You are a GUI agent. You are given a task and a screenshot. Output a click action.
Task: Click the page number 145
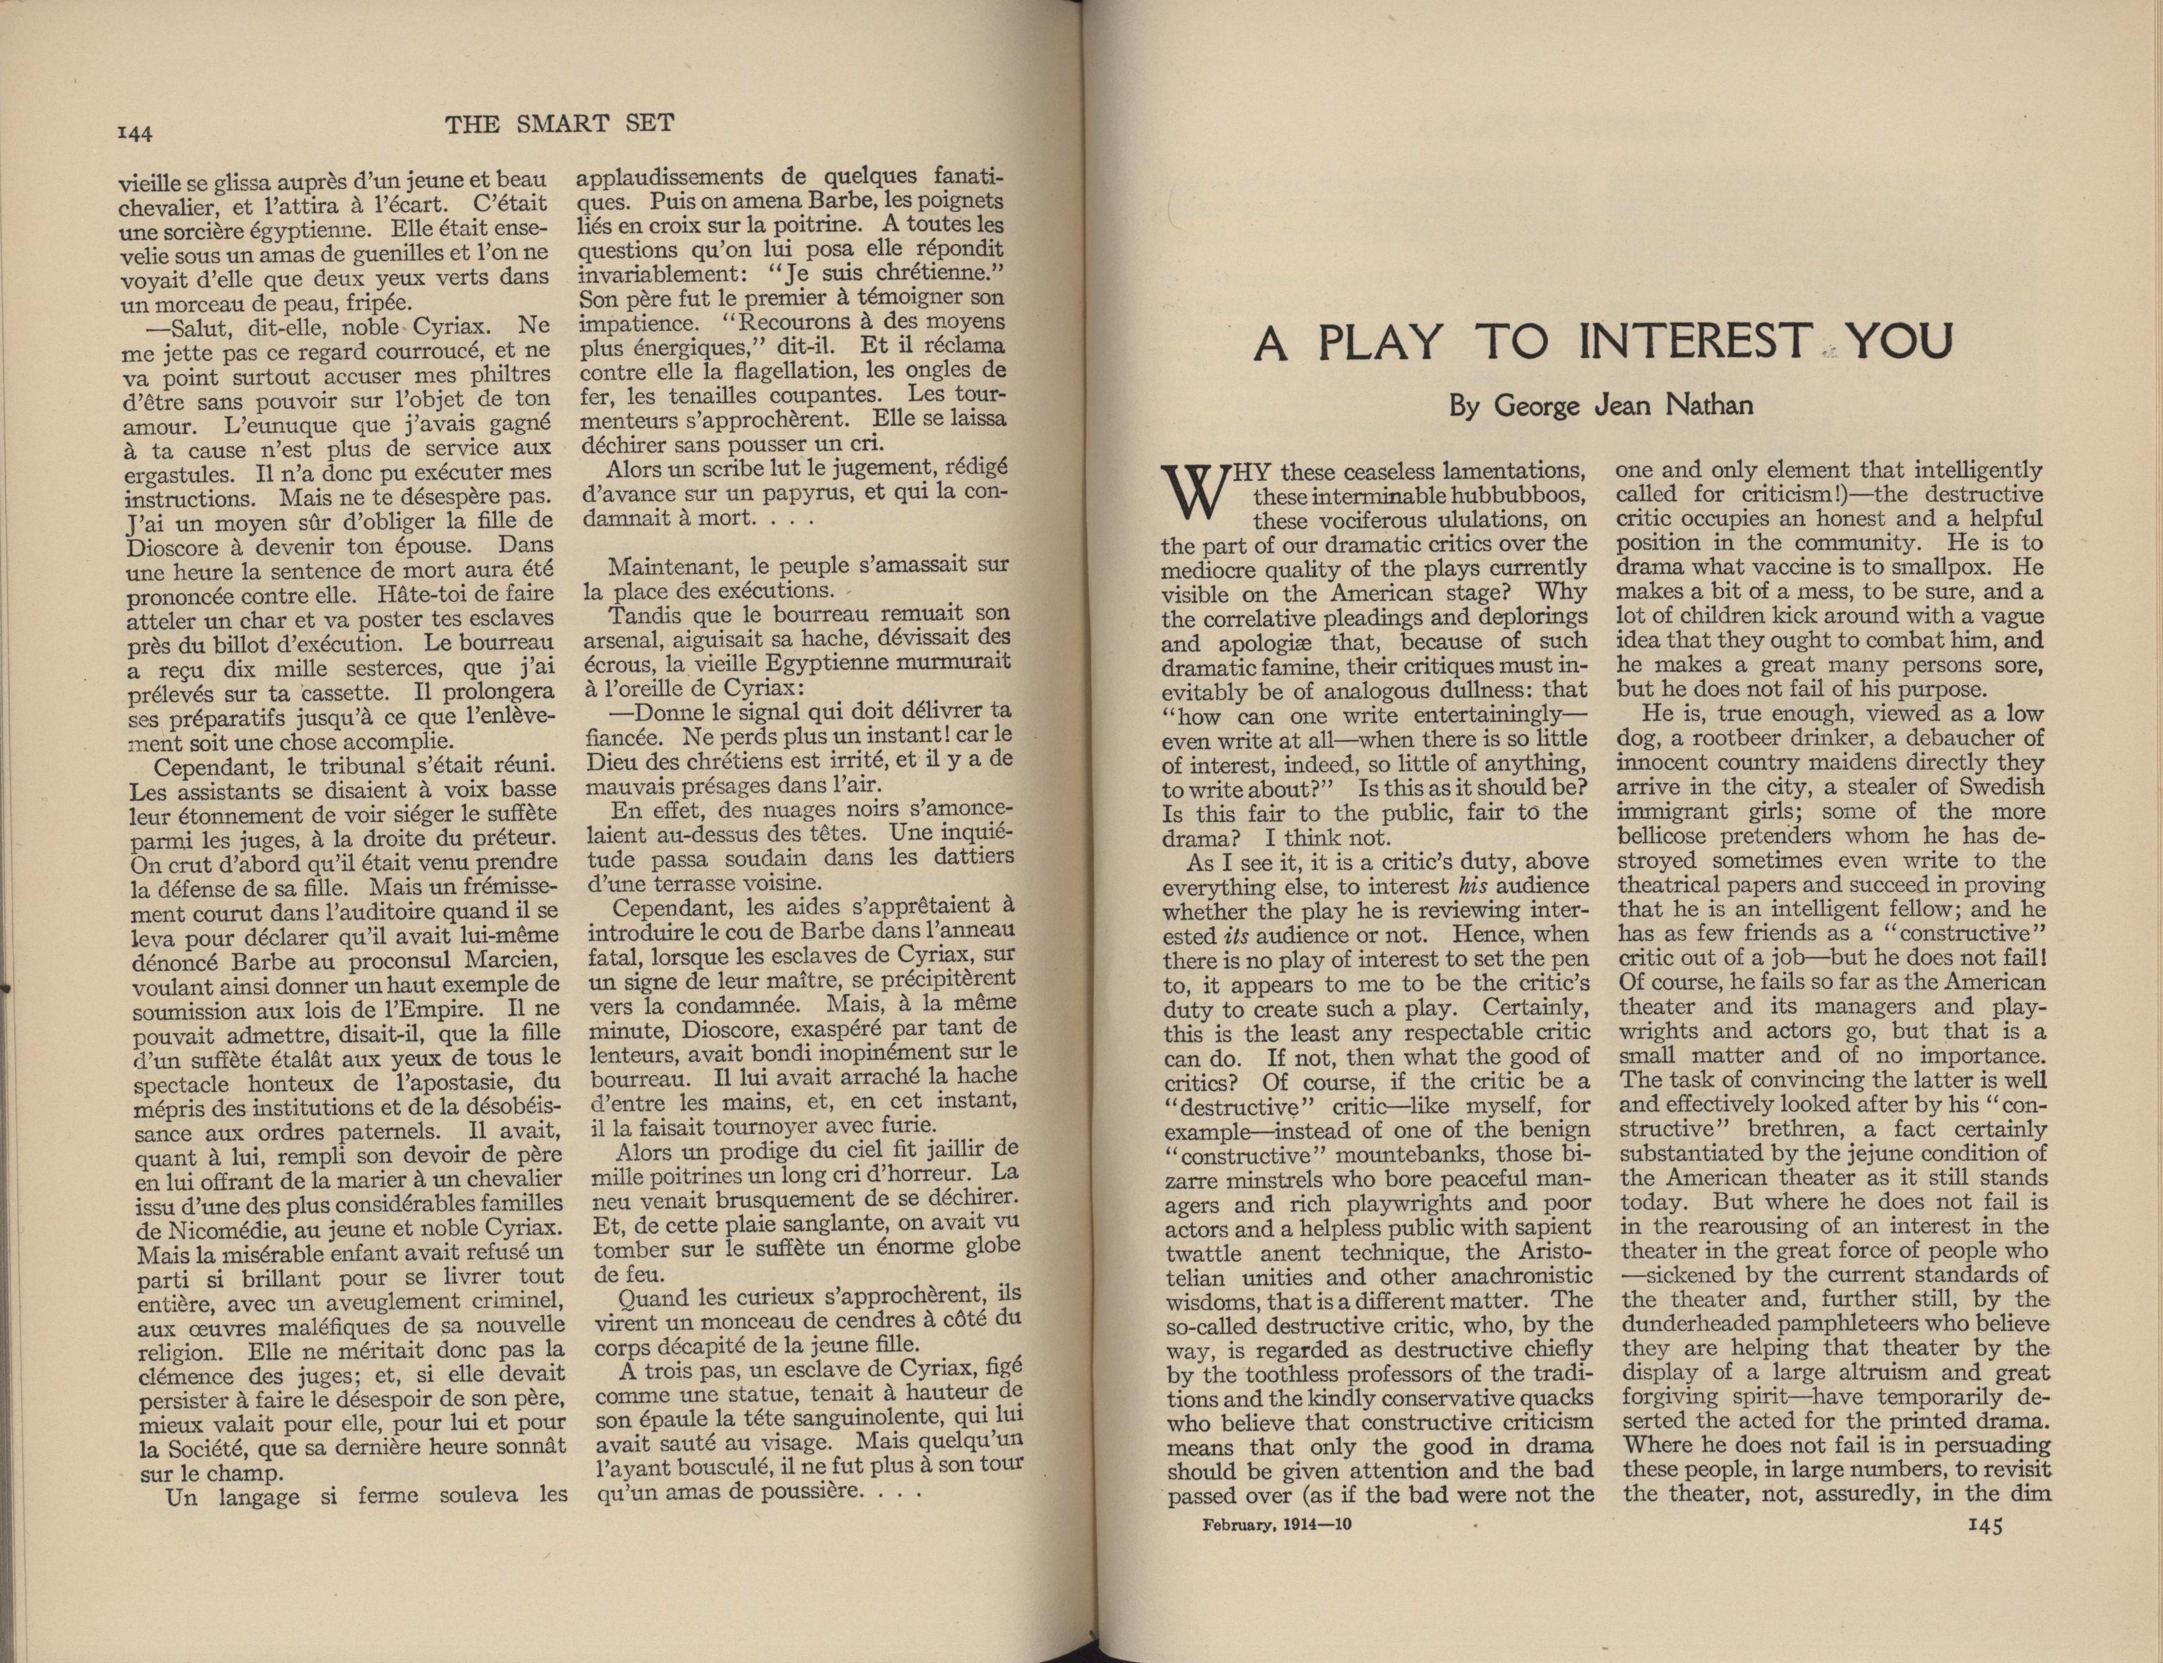click(1980, 1525)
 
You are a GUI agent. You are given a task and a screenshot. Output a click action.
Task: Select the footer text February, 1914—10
click(1277, 1525)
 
